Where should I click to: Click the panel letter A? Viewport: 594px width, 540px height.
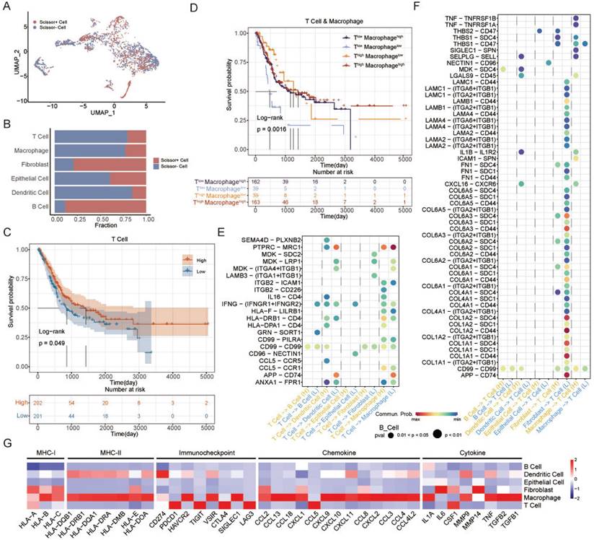point(7,6)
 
